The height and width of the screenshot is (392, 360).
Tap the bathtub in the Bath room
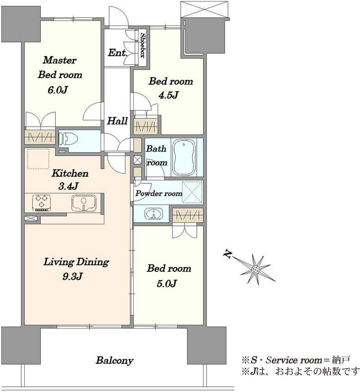tap(184, 158)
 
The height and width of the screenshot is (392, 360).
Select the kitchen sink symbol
tap(84, 203)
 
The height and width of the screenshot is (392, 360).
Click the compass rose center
tap(255, 270)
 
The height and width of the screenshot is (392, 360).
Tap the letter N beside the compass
tap(227, 254)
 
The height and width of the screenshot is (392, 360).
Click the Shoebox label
tap(142, 45)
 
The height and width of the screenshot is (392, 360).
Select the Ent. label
tap(118, 53)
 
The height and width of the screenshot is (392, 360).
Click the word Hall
tap(117, 121)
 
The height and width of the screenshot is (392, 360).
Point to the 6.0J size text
tap(58, 90)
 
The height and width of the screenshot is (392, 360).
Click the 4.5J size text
tap(169, 95)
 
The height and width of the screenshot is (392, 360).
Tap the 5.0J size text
tap(167, 283)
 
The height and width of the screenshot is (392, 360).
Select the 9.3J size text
tap(73, 276)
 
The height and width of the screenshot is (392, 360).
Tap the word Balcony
tap(115, 360)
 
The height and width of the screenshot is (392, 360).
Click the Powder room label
tap(159, 194)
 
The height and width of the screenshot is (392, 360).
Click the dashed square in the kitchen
tap(38, 159)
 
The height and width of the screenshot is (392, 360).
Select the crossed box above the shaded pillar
tap(205, 9)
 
